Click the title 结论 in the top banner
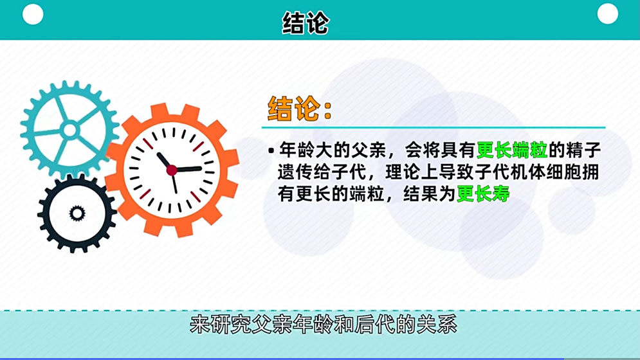[x=306, y=23]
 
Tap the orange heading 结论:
[x=300, y=109]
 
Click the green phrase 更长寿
[x=483, y=194]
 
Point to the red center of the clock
[x=172, y=170]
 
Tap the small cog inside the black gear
[x=77, y=212]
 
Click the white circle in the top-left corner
[x=33, y=14]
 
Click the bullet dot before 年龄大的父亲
[x=271, y=152]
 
